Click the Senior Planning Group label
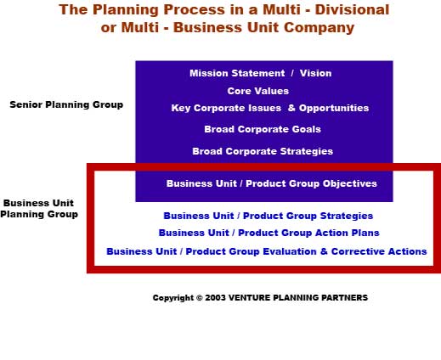coord(66,104)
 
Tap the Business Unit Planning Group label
coord(39,209)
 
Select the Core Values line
coord(258,91)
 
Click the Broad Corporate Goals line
coord(263,129)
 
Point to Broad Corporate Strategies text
coord(263,151)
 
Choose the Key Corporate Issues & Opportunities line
coord(270,108)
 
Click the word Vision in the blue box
coord(315,73)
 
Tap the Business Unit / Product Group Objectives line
coord(272,183)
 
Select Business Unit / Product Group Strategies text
coord(269,216)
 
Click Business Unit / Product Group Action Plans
coord(269,233)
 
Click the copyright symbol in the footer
coord(200,298)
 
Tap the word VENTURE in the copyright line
coord(246,298)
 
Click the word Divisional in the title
coord(352,9)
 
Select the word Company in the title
coord(319,28)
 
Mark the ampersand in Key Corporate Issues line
coord(291,108)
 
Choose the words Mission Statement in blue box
coord(237,73)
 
